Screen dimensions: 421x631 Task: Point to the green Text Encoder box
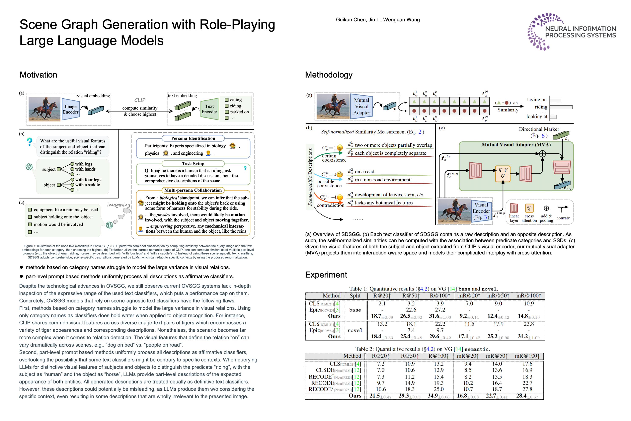[x=209, y=109]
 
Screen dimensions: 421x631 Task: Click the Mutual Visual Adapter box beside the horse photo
[x=361, y=107]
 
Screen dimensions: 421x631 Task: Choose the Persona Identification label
[x=193, y=138]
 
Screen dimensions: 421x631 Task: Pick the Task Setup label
[x=193, y=164]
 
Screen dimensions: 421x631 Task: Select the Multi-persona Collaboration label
[x=193, y=190]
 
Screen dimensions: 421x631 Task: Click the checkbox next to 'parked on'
[x=227, y=112]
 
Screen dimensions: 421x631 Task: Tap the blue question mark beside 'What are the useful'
[x=29, y=142]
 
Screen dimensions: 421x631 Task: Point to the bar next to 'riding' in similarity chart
[x=561, y=107]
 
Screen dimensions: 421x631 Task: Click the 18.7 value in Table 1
[x=376, y=316]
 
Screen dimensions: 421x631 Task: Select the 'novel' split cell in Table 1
[x=355, y=331]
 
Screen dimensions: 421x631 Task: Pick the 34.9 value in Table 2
[x=432, y=396]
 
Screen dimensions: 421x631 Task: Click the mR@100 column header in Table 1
[x=529, y=296]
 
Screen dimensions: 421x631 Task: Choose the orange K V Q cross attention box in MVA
[x=502, y=173]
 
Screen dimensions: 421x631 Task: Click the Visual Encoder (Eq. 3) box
[x=481, y=211]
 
